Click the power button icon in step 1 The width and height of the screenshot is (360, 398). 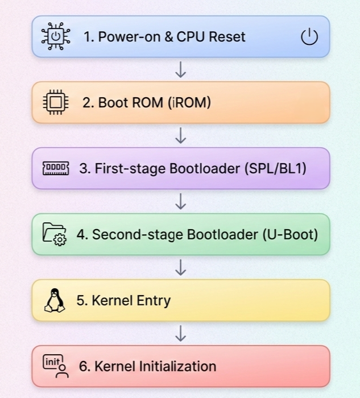[309, 38]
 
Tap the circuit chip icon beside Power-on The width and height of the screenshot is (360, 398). [56, 37]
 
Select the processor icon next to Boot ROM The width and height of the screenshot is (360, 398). [56, 103]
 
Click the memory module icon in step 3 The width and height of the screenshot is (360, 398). [56, 168]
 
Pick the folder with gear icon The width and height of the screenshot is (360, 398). [55, 234]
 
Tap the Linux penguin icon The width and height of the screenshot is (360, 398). [55, 300]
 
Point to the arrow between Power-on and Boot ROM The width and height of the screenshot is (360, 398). [181, 69]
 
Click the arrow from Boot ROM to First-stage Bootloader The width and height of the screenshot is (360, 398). [181, 135]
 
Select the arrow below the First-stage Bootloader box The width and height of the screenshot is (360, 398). [181, 201]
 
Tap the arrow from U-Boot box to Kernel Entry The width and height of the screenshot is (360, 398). [181, 267]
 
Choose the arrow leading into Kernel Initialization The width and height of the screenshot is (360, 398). [181, 333]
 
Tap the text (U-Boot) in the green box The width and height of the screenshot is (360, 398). [290, 234]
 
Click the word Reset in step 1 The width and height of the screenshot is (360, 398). [226, 37]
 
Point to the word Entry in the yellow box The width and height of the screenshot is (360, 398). [152, 300]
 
